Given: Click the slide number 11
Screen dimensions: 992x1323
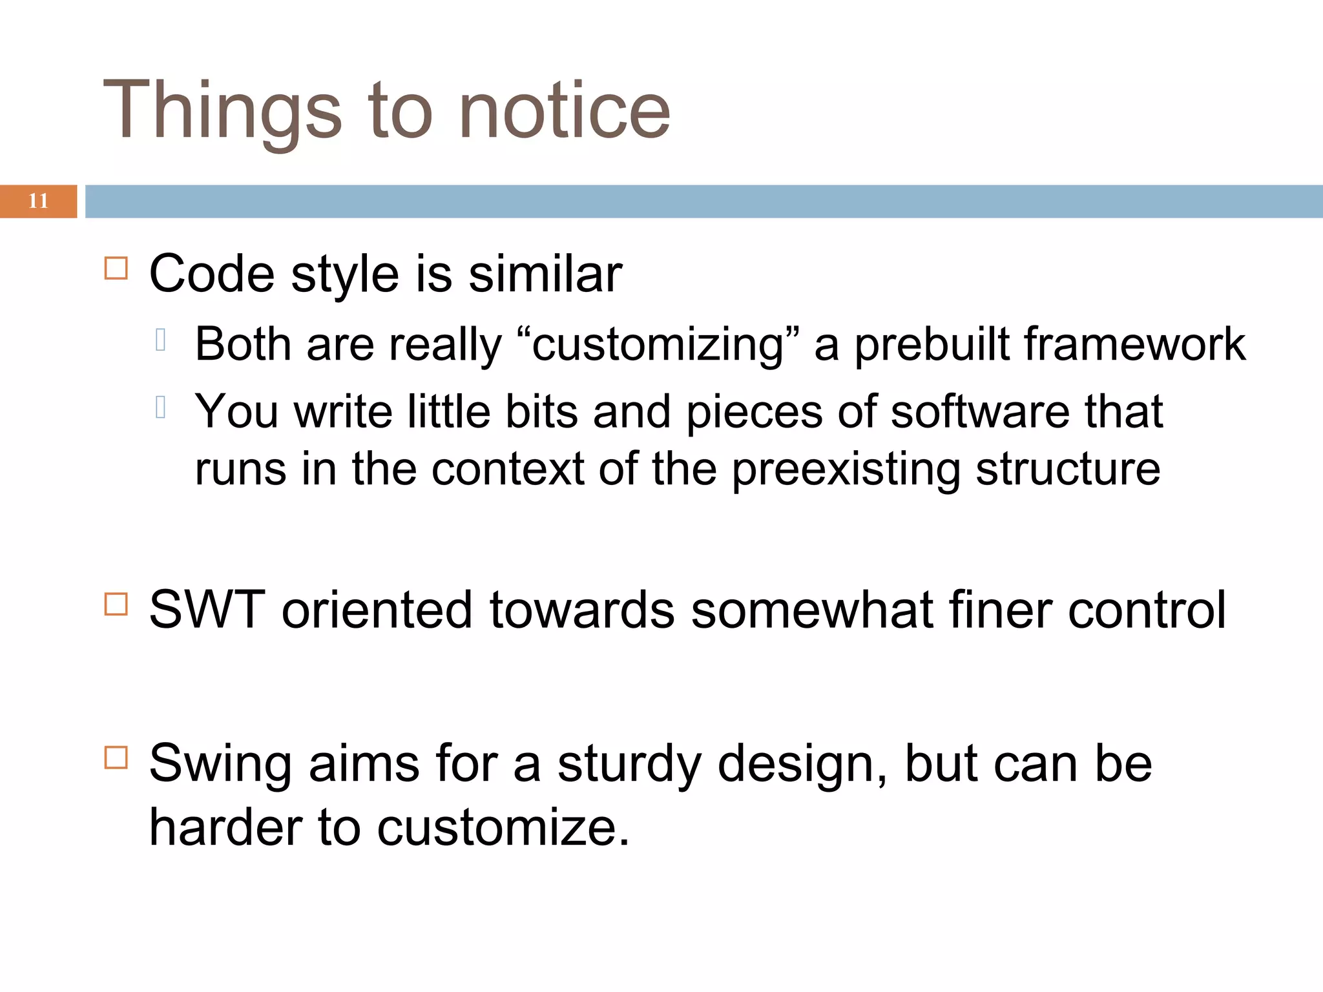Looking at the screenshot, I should click(38, 201).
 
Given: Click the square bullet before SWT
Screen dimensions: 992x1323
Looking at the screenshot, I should click(116, 604).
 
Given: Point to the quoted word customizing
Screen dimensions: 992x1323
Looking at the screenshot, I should click(658, 344).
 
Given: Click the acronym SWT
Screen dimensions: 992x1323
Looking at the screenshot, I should click(207, 610).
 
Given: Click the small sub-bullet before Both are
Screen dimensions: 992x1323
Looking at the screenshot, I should click(161, 340).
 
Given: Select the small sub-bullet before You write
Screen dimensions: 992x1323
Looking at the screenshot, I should click(161, 407).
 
